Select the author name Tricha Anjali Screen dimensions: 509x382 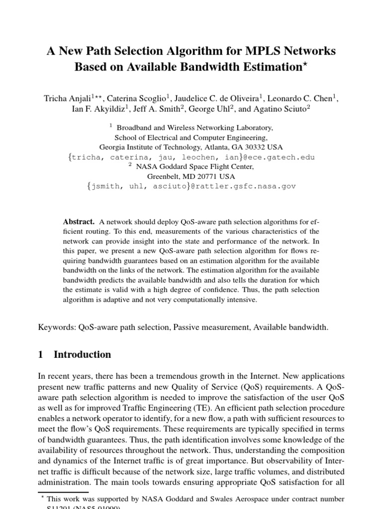[67, 98]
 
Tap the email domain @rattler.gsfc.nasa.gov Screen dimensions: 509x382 [246, 186]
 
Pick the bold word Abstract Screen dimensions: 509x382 [78, 221]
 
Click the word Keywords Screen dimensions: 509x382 [56, 327]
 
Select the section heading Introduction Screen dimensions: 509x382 [82, 355]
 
